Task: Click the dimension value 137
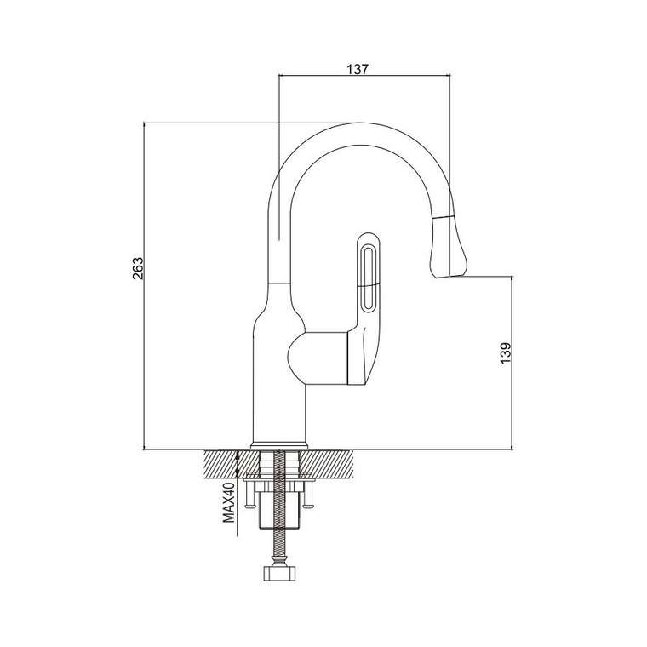click(x=358, y=69)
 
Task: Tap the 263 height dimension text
click(x=138, y=268)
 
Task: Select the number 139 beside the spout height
click(x=506, y=353)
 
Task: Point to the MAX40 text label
click(x=229, y=503)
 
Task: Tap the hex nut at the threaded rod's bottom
click(x=279, y=574)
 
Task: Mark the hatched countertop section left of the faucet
click(x=232, y=464)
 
